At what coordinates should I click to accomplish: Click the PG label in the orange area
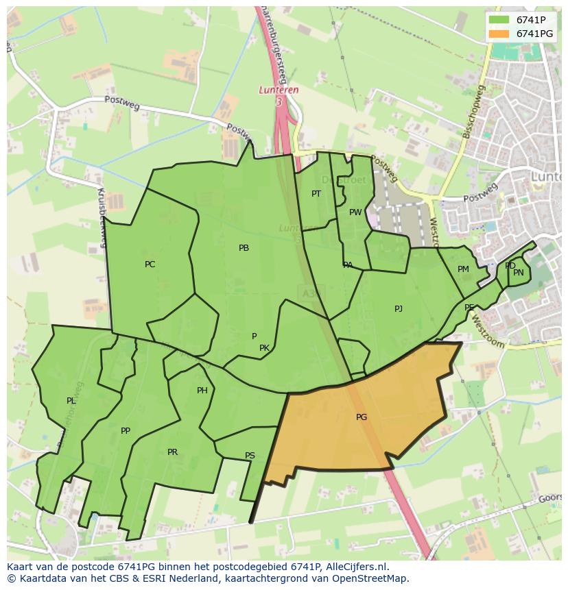(x=362, y=417)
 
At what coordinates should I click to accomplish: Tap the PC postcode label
(x=150, y=265)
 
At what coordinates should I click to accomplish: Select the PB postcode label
(x=244, y=248)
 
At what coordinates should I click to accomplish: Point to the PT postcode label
(x=316, y=194)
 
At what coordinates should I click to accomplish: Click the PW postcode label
(x=355, y=212)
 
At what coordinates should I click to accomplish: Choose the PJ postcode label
(x=399, y=309)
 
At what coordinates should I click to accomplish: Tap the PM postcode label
(x=463, y=269)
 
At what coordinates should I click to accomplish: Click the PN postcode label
(x=519, y=273)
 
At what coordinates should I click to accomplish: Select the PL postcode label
(x=71, y=401)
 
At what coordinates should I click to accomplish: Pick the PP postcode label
(x=125, y=431)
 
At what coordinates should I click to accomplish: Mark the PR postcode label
(x=172, y=452)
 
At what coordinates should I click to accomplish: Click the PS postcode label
(x=250, y=456)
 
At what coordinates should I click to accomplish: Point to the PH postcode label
(x=202, y=391)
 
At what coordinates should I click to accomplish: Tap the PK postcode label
(x=264, y=348)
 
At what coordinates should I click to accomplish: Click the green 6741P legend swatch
(x=499, y=20)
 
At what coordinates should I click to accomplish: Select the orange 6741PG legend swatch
(x=499, y=34)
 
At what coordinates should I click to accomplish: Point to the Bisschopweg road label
(x=474, y=112)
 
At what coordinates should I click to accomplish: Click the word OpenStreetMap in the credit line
(x=374, y=578)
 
